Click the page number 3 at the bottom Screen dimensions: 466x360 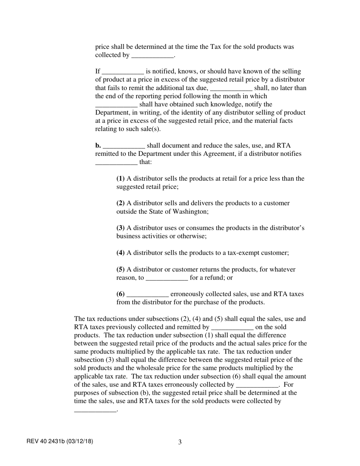[180, 442]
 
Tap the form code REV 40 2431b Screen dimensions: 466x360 [46, 441]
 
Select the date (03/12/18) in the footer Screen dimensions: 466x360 [80, 441]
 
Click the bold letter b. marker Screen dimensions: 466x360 [98, 145]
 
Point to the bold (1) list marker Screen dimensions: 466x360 [121, 178]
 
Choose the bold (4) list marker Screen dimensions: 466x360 [121, 253]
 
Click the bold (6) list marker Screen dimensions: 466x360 [121, 294]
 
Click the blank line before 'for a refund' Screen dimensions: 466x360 [167, 278]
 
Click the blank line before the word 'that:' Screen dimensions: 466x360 [116, 163]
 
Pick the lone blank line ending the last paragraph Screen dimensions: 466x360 [95, 410]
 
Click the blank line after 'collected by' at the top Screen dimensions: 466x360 [152, 56]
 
